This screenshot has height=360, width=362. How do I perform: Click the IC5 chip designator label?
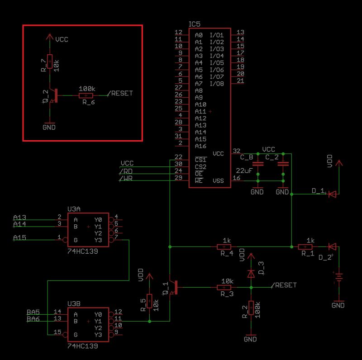195,24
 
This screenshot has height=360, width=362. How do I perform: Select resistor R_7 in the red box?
49,60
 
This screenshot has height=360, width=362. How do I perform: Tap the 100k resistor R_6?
86,96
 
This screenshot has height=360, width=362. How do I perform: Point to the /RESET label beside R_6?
120,94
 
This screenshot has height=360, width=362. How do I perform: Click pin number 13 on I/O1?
241,32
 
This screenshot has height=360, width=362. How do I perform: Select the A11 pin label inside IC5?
200,111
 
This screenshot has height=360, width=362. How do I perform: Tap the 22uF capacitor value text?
244,171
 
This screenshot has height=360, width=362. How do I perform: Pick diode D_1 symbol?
332,194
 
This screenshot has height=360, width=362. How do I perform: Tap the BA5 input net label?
33,312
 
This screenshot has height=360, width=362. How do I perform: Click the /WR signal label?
126,179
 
